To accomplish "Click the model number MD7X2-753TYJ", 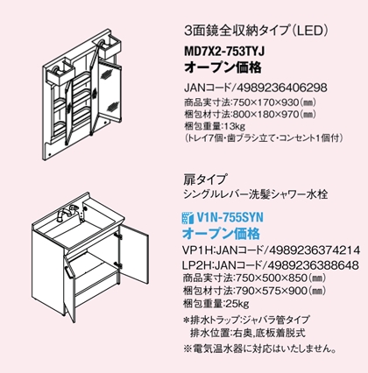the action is coord(224,52).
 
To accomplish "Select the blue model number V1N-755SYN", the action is coord(230,217).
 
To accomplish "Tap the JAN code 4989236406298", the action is coord(281,88).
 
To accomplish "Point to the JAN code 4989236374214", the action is coord(315,250).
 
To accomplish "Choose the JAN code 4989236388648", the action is coord(313,265).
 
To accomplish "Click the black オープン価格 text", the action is coord(223,67).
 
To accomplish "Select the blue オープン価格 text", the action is coord(221,234).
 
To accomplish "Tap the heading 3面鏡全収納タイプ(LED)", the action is coord(257,31).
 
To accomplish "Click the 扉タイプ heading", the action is coord(205,179).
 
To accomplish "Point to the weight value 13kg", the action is coord(234,127).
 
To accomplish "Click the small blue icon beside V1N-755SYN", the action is coord(188,218).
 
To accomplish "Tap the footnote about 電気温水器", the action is coord(259,348).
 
